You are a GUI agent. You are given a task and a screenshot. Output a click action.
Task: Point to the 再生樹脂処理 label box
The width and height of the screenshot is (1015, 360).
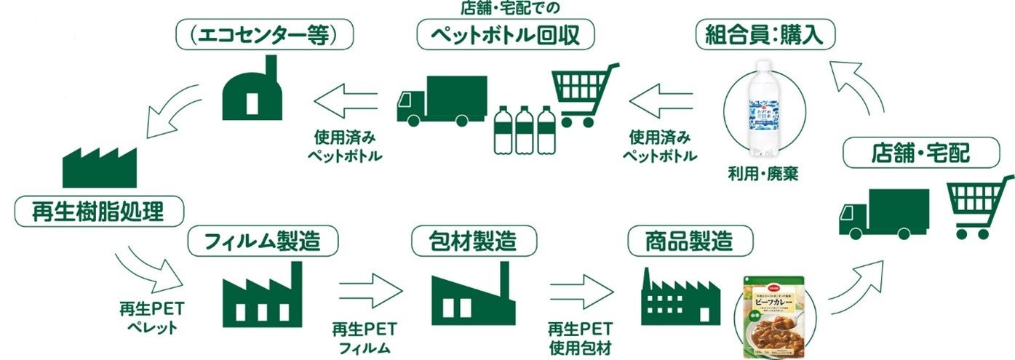99,212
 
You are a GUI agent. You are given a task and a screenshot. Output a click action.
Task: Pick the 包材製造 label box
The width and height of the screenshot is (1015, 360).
474,239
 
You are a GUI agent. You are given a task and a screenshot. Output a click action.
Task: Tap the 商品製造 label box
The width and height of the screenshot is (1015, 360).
688,239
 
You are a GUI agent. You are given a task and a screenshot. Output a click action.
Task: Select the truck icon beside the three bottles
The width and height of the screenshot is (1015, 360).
442,99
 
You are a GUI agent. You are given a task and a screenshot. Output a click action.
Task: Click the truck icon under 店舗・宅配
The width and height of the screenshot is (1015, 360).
884,212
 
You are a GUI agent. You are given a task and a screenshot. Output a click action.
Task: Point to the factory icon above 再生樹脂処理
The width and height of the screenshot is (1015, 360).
99,166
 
